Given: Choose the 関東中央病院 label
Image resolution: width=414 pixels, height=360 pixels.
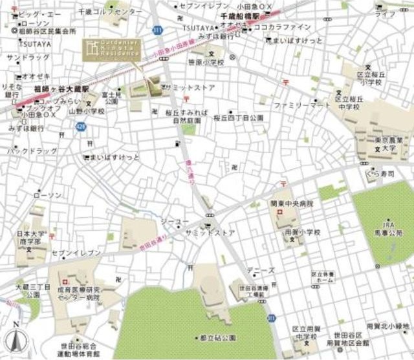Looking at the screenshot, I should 292,204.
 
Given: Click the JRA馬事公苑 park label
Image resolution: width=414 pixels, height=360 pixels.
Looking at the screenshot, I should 388,227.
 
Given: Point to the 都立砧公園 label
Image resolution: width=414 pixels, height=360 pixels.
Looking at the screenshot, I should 217,337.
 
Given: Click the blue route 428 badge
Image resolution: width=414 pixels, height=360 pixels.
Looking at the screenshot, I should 78,127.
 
